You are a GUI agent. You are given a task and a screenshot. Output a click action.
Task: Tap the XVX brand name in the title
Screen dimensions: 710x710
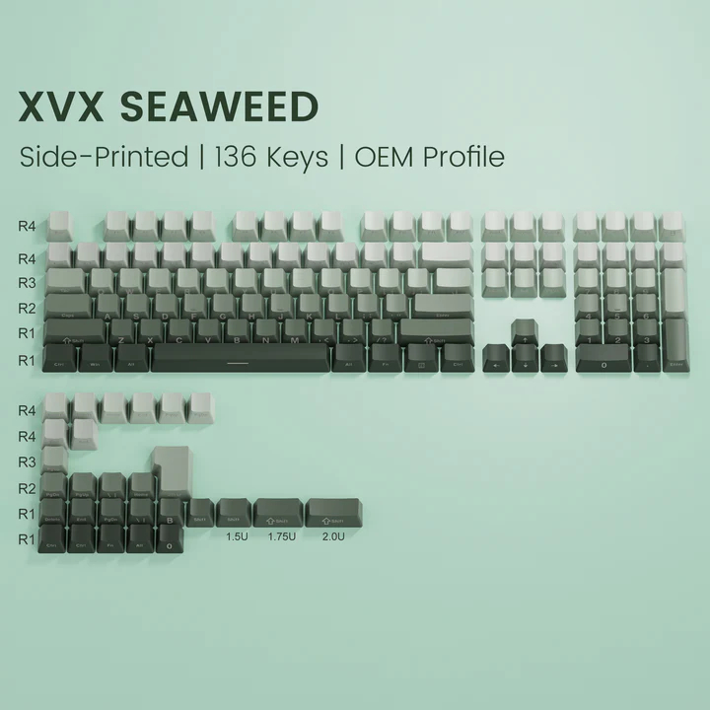tap(60, 106)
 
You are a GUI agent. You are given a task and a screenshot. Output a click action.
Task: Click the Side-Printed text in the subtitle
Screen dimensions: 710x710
tap(103, 157)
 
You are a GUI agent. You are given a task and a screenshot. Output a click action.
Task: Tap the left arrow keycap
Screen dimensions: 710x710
tap(496, 360)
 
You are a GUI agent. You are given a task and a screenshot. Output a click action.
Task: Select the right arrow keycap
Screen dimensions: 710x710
tap(554, 360)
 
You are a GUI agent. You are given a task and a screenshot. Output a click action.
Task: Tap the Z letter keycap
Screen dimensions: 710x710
tap(121, 333)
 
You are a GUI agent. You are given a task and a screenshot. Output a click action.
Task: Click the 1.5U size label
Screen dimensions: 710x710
tap(236, 537)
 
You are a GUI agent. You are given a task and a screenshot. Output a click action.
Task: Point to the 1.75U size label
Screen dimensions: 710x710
tap(281, 537)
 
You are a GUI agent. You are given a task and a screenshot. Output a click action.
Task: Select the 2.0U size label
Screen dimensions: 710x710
tap(333, 537)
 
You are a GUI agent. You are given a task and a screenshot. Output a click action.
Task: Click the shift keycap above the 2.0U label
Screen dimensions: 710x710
tap(331, 512)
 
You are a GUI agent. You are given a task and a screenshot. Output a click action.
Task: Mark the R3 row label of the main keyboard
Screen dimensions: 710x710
tap(27, 283)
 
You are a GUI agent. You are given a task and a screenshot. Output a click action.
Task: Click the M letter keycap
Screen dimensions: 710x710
tap(294, 333)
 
